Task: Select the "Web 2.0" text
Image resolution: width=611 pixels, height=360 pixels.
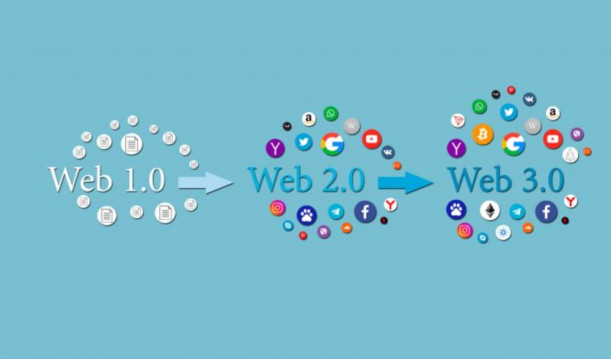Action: [312, 180]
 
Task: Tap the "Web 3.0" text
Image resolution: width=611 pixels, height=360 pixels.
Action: [506, 180]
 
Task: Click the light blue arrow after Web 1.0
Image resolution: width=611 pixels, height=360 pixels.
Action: [204, 182]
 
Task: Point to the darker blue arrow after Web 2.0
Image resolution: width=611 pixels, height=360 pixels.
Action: [405, 183]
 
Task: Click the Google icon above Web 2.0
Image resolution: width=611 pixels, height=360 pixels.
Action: [333, 145]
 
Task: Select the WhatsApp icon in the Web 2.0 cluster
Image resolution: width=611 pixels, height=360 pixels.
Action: [331, 114]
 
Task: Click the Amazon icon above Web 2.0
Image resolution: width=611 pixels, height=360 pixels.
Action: [309, 119]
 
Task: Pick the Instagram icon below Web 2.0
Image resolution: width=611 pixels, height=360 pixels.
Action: [278, 209]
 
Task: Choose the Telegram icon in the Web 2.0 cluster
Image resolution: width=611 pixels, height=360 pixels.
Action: [336, 213]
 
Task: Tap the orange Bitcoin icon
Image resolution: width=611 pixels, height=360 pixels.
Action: [483, 134]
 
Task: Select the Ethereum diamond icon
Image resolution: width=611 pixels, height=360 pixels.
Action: [491, 211]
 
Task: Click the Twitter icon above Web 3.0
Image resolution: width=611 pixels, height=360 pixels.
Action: [508, 112]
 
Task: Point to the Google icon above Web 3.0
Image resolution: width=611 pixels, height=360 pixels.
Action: [514, 144]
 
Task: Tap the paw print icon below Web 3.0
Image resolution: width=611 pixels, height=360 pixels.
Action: [455, 210]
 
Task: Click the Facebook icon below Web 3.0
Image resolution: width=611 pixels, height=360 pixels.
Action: [545, 211]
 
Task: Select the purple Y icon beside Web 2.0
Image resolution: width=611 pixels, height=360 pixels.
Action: [275, 148]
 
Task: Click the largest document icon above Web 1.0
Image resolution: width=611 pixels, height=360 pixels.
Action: [130, 145]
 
